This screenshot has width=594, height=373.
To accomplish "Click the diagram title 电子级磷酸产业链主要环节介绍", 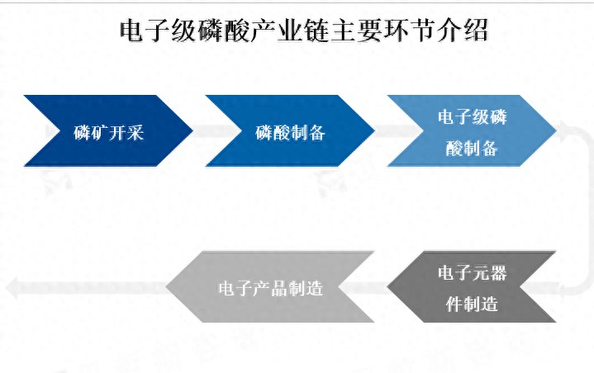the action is tap(304, 31).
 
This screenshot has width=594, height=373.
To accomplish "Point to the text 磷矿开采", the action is tap(109, 133).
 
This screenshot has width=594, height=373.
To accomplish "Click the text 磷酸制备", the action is tap(290, 133).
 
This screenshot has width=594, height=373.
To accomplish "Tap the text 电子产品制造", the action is tap(271, 289).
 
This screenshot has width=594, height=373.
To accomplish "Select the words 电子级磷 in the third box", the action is tap(472, 117).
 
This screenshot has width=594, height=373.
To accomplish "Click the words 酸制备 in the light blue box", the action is tap(472, 149).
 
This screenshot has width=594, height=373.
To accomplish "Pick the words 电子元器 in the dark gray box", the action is tap(472, 273).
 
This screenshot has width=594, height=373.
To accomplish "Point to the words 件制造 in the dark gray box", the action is tap(472, 305).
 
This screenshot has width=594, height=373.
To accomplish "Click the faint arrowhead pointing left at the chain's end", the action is tap(12, 287).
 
